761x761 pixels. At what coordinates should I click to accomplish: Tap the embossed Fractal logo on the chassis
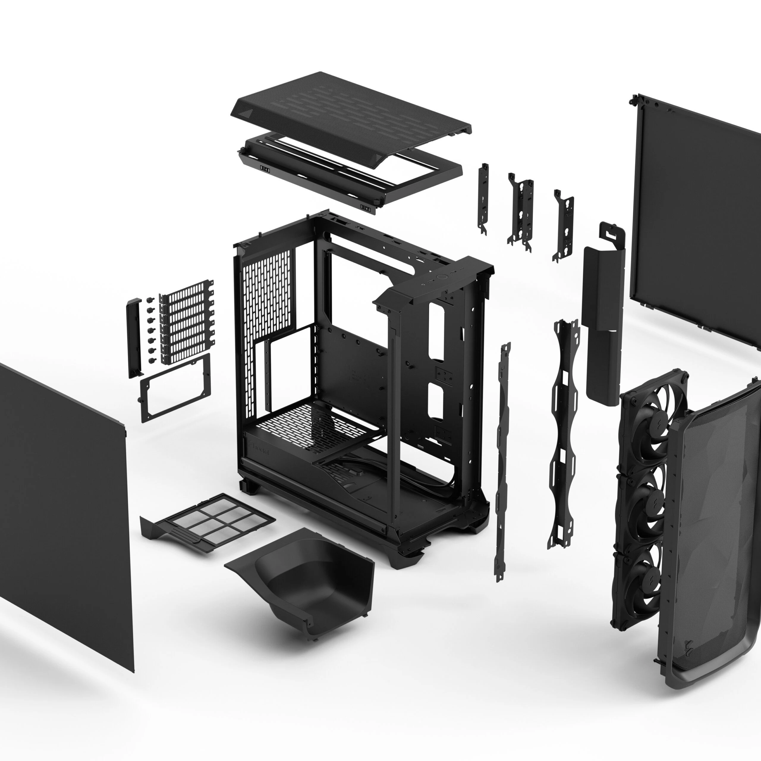[260, 449]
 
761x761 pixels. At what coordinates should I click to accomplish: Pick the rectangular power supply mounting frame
[175, 388]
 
